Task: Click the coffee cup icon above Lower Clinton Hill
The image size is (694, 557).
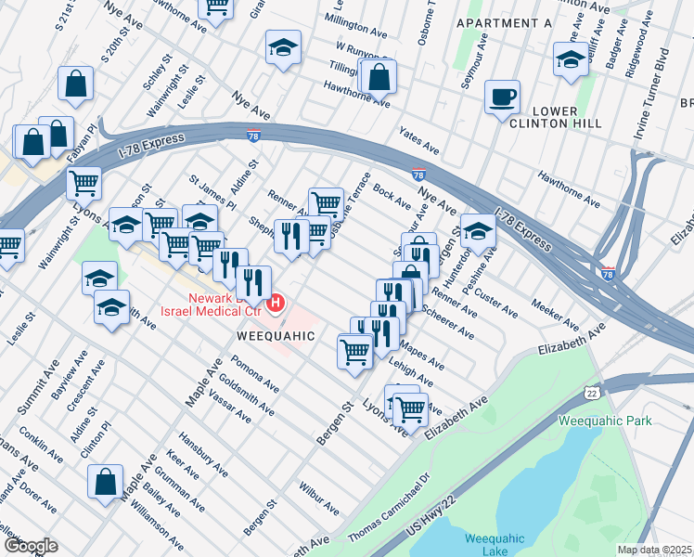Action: click(x=504, y=97)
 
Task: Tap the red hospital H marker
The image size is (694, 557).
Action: click(x=276, y=303)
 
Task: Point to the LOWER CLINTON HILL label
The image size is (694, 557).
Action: click(x=556, y=114)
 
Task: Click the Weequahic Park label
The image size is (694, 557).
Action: click(x=605, y=421)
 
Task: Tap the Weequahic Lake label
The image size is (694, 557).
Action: click(x=495, y=545)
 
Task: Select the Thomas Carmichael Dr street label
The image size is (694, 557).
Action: click(x=390, y=509)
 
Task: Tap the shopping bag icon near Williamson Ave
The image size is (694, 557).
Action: click(x=106, y=481)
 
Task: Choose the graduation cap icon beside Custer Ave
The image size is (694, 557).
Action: click(x=478, y=230)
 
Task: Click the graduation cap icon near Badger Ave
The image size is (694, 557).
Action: click(x=571, y=60)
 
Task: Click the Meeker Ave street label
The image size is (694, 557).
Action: click(x=555, y=311)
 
